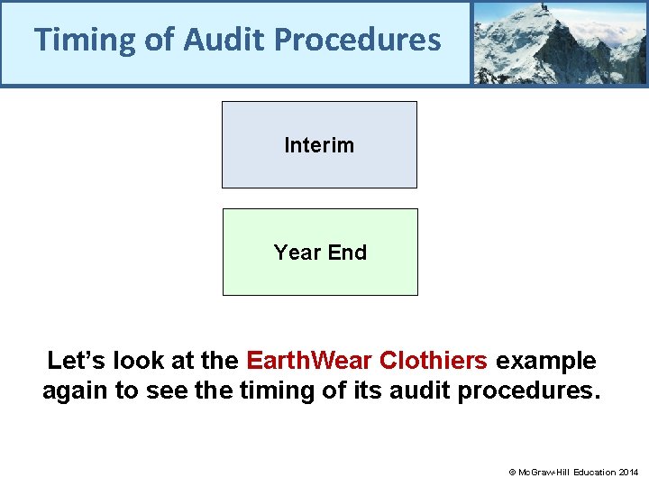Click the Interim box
319,145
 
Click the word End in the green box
347,253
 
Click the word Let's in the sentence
75,362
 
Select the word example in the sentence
546,362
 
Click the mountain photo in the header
560,42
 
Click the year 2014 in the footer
628,472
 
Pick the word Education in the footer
590,472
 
